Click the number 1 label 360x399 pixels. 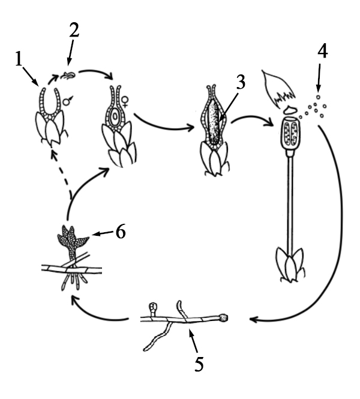19,59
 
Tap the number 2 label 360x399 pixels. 74,30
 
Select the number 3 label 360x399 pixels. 241,82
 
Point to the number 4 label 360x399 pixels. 322,52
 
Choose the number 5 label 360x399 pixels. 199,364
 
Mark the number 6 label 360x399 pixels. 121,232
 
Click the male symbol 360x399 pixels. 68,101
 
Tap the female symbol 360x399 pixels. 125,102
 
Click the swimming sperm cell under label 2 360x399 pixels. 68,76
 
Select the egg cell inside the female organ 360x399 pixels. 115,116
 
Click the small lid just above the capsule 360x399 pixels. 290,110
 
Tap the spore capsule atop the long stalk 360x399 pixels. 290,134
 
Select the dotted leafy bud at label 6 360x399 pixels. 72,242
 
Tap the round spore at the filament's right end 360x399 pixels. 224,317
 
